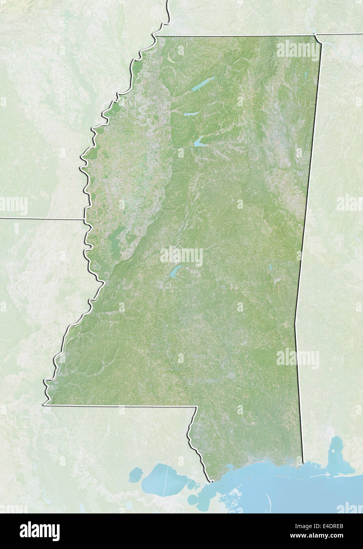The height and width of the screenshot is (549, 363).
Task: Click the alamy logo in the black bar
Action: (x=39, y=531)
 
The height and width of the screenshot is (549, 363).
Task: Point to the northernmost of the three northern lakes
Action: (x=203, y=84)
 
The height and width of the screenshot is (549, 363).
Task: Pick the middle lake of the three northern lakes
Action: (x=191, y=114)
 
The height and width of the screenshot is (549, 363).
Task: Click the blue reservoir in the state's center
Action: (x=175, y=271)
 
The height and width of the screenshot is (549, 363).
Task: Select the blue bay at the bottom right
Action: (x=337, y=458)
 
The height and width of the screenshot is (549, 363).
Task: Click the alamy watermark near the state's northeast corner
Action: (x=298, y=50)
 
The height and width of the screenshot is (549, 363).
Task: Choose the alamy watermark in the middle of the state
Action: (x=181, y=256)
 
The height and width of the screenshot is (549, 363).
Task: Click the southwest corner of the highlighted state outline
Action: (x=45, y=404)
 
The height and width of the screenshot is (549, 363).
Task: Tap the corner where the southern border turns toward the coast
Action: (x=196, y=406)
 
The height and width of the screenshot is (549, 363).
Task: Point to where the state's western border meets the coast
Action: (x=211, y=481)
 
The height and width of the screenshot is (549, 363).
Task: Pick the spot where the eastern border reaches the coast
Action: (x=303, y=462)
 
